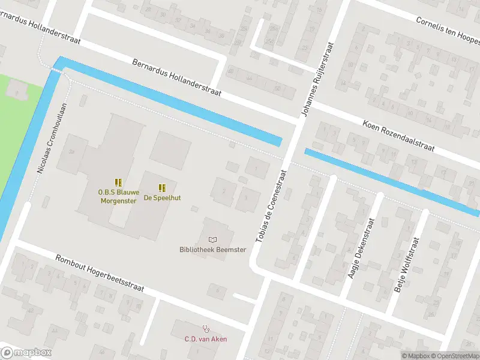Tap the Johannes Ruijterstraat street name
tap(316, 80)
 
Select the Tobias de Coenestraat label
tap(271, 205)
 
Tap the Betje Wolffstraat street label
tap(406, 265)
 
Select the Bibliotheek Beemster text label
tap(212, 250)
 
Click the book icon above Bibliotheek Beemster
tap(212, 240)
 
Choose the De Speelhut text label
tap(162, 197)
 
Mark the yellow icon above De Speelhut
tap(162, 187)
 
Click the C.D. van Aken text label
tap(206, 339)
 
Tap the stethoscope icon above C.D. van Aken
tap(206, 329)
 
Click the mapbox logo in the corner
tap(26, 353)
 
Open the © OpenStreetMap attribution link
tap(455, 356)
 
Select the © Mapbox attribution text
tap(415, 356)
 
